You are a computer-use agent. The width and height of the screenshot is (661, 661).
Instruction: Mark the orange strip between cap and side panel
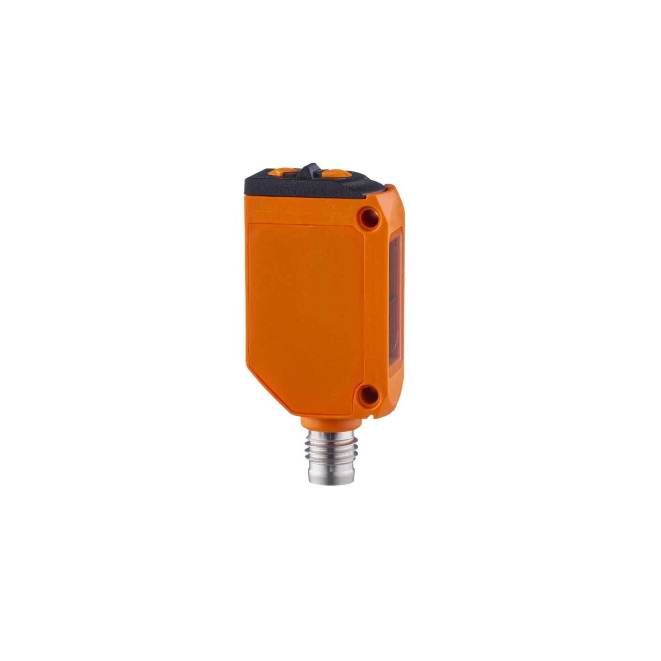[302, 210]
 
